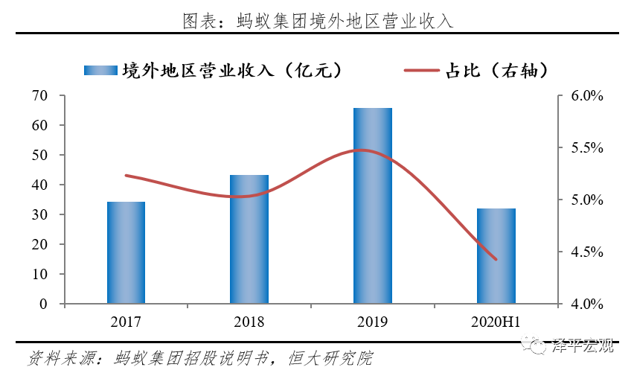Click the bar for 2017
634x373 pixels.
pyautogui.click(x=126, y=252)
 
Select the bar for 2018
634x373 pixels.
pyautogui.click(x=249, y=239)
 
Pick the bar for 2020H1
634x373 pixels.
pyautogui.click(x=496, y=256)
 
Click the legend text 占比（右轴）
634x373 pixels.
pyautogui.click(x=497, y=71)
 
